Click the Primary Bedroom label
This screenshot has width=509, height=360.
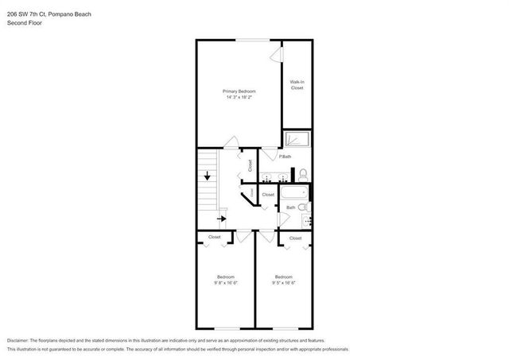tap(239, 91)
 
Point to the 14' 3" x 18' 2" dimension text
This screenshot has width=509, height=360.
tap(239, 99)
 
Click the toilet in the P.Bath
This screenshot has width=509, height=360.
tap(304, 172)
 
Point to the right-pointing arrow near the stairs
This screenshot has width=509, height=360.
tap(222, 217)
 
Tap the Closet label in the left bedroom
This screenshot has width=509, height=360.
tap(215, 237)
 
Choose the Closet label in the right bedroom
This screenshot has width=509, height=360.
tap(296, 238)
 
